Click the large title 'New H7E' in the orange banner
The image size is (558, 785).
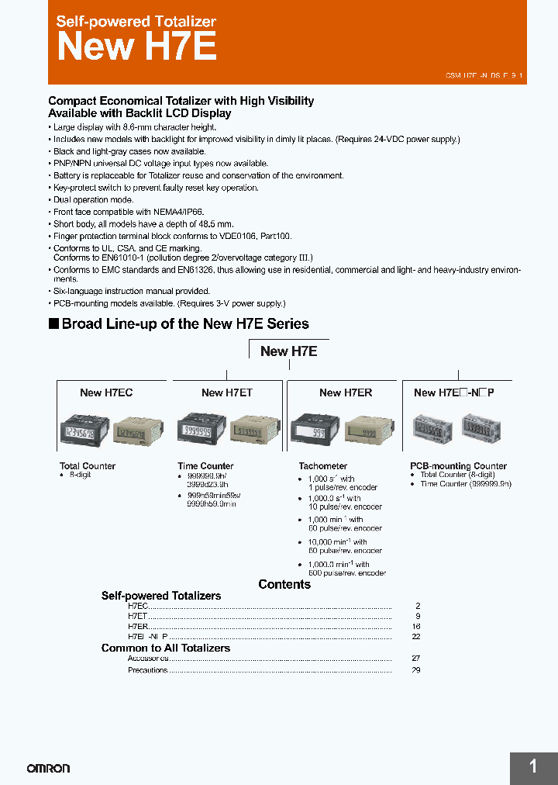click(136, 47)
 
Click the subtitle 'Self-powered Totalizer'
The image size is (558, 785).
click(136, 22)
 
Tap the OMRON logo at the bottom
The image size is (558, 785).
click(48, 768)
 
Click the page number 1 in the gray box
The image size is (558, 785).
click(533, 767)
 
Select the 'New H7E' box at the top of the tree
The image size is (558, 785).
click(288, 351)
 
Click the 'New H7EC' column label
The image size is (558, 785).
click(106, 392)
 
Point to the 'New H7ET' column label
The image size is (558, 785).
click(226, 392)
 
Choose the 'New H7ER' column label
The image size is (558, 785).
click(346, 392)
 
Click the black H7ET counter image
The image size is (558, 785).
click(201, 428)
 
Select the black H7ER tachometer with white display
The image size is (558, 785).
click(313, 429)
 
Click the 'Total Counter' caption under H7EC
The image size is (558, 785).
click(88, 466)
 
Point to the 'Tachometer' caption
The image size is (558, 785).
click(323, 466)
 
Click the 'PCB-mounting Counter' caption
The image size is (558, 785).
click(458, 466)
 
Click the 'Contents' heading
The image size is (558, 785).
click(284, 584)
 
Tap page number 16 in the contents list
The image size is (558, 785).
click(416, 625)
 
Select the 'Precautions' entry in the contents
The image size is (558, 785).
click(148, 669)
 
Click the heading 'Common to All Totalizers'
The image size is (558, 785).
click(165, 648)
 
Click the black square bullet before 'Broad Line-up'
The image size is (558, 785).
click(53, 323)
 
